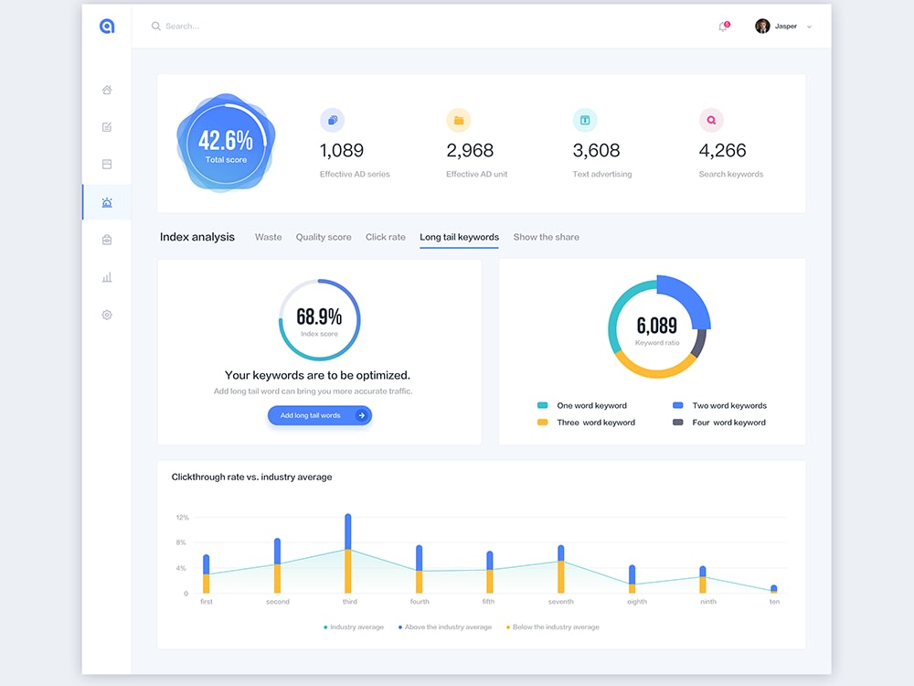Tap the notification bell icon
click(723, 27)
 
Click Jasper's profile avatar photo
click(762, 27)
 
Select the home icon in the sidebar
click(107, 90)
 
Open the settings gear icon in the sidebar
click(107, 315)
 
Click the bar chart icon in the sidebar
click(107, 278)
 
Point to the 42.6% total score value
click(226, 140)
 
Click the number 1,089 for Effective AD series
click(342, 151)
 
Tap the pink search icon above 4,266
click(711, 120)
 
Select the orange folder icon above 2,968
click(459, 120)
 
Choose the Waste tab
click(268, 237)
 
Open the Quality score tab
click(324, 237)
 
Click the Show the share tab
click(547, 237)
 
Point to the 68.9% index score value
click(319, 316)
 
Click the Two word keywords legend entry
click(720, 405)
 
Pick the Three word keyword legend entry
click(587, 423)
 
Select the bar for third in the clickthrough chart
click(348, 553)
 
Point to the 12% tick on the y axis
click(183, 518)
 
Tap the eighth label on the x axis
click(637, 602)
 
